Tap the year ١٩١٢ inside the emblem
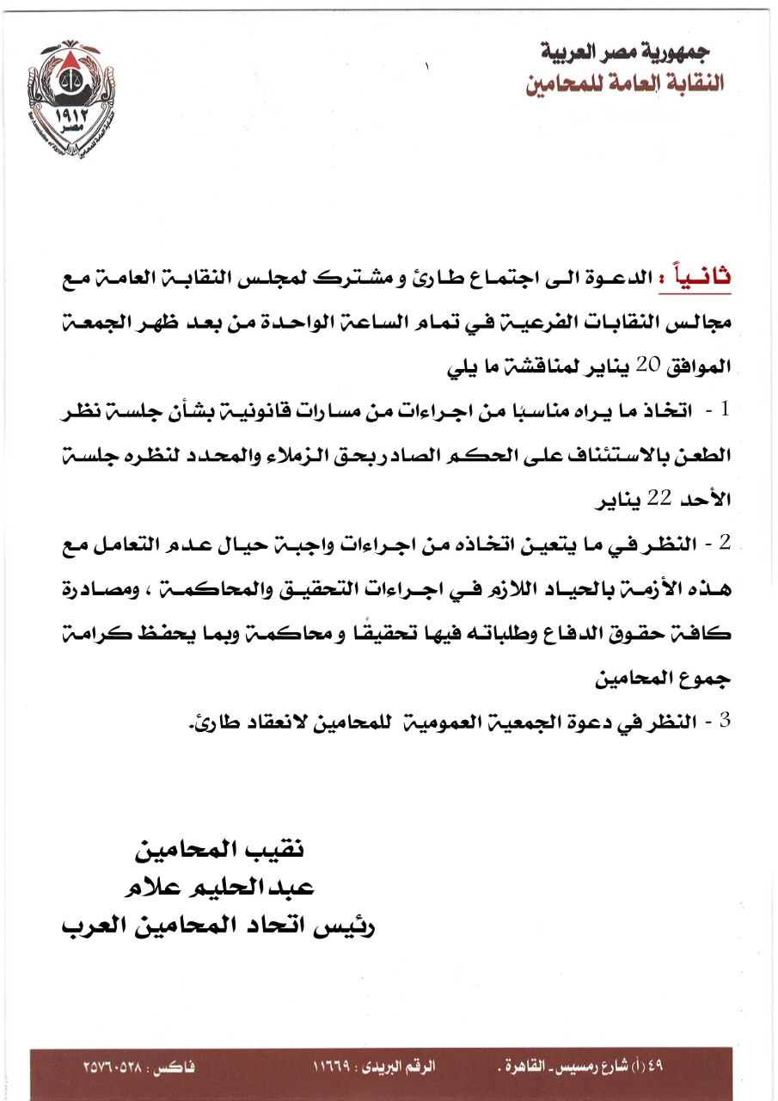pos(77,114)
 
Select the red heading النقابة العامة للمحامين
pos(625,83)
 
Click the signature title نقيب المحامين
pos(221,852)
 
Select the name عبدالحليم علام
pos(221,889)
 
